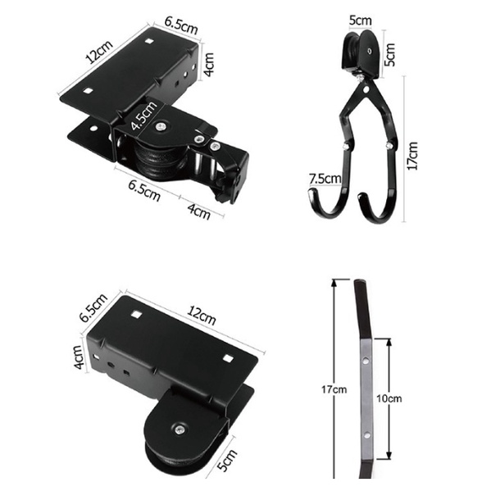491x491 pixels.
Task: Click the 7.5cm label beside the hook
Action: point(325,179)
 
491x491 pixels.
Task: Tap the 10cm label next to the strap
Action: point(389,398)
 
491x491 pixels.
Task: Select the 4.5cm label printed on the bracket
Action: point(143,116)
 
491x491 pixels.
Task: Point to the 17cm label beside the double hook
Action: point(412,156)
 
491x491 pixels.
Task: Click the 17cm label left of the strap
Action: point(334,389)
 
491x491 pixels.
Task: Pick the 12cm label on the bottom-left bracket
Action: point(202,316)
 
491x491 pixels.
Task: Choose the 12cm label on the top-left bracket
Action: point(99,52)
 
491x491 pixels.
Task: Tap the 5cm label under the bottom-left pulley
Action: point(228,461)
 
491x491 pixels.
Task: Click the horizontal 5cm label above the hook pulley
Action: point(361,20)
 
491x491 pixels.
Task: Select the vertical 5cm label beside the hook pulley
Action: point(390,55)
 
